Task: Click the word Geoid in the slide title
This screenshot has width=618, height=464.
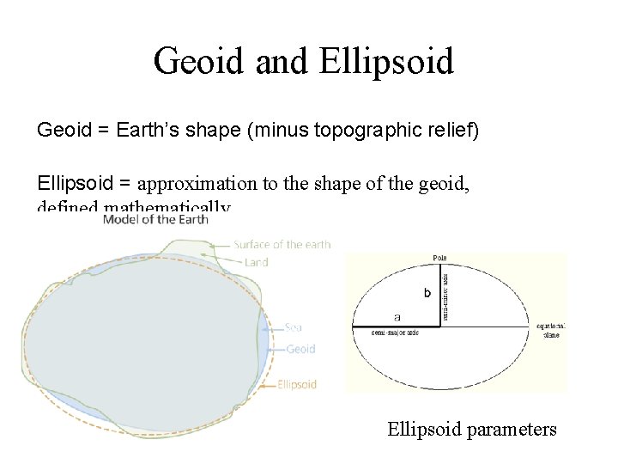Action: [193, 62]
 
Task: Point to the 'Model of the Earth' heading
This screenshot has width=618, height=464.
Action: [155, 220]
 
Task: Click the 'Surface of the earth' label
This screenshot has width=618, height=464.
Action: [282, 245]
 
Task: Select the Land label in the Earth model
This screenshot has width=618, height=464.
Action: [256, 262]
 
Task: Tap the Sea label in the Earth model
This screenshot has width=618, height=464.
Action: [293, 327]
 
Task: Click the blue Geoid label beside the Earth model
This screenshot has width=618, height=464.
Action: [300, 349]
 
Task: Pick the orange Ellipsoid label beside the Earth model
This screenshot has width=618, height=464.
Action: [297, 384]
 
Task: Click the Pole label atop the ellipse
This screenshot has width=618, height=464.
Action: [440, 258]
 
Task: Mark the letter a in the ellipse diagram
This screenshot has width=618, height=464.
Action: [397, 317]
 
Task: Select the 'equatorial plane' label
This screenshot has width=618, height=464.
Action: [551, 330]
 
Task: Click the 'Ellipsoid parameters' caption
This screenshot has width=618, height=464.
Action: [472, 428]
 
